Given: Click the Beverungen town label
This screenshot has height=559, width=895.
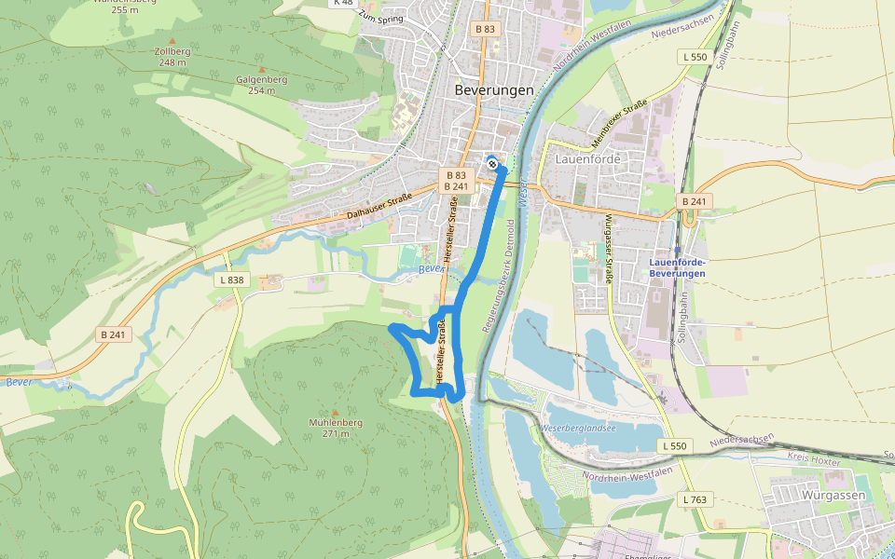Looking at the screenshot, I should pos(494,90).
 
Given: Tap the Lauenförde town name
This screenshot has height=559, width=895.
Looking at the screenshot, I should pos(587,159).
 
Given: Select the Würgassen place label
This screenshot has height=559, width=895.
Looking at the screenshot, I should pos(833,496).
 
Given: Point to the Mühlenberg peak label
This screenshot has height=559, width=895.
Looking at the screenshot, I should pos(336,422).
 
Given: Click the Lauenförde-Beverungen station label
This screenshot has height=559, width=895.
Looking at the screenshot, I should pos(677,267).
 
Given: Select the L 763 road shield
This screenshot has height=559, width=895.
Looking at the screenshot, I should pos(694,500).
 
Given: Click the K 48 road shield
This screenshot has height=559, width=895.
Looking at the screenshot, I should pos(343,3).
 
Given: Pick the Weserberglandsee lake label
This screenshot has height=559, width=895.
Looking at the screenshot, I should pos(578,428).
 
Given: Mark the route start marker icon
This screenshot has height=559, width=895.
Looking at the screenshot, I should pos(492,165).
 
